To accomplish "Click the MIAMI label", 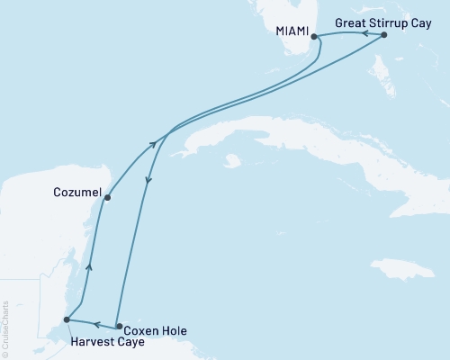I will (x=292, y=31).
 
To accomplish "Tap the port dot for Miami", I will (x=314, y=37).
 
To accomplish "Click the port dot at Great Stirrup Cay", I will (x=384, y=35).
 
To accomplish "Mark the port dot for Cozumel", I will (x=107, y=197).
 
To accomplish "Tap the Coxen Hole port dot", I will (x=119, y=326).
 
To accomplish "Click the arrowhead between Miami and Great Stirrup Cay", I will (x=366, y=33).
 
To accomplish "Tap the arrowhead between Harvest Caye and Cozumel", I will (x=88, y=266).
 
